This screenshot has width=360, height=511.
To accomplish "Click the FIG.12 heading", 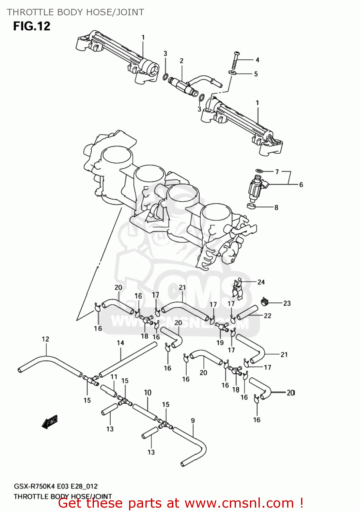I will [32, 26].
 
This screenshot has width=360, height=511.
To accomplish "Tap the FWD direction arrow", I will [50, 421].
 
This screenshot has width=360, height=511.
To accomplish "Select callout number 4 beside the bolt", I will [257, 60].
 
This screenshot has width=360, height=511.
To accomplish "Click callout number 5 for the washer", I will [256, 74].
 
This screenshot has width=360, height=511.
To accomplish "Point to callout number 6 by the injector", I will [301, 185].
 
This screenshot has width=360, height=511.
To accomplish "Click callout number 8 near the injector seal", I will [276, 207].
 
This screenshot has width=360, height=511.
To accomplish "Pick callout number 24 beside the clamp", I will [261, 282].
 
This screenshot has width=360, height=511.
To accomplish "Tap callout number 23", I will [287, 303].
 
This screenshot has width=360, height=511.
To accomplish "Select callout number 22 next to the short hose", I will [268, 316].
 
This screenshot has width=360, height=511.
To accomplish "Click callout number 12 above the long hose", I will [45, 339].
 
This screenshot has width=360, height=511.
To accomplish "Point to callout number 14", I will [120, 343].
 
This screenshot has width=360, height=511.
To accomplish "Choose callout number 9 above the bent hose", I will [193, 421].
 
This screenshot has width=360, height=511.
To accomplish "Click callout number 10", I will [147, 392].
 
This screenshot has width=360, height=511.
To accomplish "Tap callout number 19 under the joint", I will [220, 343].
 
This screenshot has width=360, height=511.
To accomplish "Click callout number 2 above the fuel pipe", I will [182, 61].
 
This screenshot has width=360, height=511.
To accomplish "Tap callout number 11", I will [114, 377].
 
